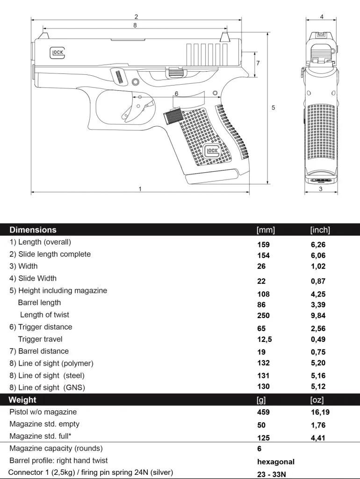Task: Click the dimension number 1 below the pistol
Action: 140,189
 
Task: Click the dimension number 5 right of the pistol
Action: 274,107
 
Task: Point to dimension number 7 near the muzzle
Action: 258,62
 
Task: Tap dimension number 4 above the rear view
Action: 322,16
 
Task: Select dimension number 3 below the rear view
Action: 321,189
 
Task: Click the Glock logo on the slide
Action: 58,52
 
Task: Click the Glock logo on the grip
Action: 212,151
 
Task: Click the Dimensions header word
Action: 33,230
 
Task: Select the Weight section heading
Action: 22,400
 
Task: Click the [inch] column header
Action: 320,230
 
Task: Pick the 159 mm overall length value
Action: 264,244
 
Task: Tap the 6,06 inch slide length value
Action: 318,255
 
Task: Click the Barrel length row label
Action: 39,303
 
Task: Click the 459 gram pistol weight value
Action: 264,413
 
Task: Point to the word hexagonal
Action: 276,462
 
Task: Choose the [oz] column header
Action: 317,400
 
